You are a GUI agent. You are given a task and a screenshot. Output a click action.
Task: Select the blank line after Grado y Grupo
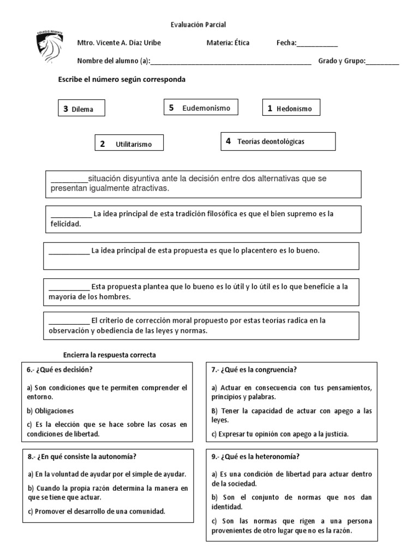coord(382,61)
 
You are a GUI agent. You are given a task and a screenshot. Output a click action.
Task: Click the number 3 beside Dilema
coord(65,109)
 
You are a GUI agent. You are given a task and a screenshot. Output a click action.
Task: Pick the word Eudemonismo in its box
coord(206,108)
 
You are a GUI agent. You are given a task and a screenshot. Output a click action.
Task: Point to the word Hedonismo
coord(294,109)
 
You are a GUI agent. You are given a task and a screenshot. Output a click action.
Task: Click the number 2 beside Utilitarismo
coord(102,144)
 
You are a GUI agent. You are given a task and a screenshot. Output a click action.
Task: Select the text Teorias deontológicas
coord(271,141)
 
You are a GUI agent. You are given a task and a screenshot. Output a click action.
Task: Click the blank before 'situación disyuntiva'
coord(69,179)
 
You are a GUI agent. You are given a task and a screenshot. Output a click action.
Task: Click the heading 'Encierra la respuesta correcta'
coord(110,355)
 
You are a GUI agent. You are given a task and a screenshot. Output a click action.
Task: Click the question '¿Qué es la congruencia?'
coord(259,370)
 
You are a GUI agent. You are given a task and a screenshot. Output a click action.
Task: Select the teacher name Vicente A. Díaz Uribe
coord(127,43)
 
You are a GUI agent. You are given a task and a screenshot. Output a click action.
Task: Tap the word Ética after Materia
coord(242,43)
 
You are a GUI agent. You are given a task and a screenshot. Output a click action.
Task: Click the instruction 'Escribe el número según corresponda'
coord(122,79)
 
